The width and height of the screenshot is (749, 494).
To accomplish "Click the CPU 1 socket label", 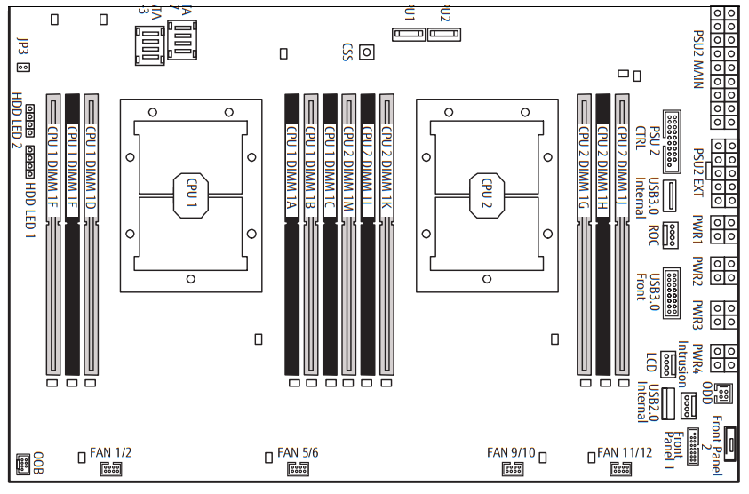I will (191, 192).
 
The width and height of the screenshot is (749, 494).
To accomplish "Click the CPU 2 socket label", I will (487, 192).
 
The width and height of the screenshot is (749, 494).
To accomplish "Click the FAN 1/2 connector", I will (111, 468).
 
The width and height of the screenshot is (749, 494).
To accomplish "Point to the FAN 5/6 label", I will (298, 452).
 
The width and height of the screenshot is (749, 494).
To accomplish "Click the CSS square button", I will (365, 52).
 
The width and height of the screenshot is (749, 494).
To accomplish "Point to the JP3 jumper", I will (24, 67).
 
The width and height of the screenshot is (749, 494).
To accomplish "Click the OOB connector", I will (24, 462).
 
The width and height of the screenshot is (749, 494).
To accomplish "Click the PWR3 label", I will (698, 316).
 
